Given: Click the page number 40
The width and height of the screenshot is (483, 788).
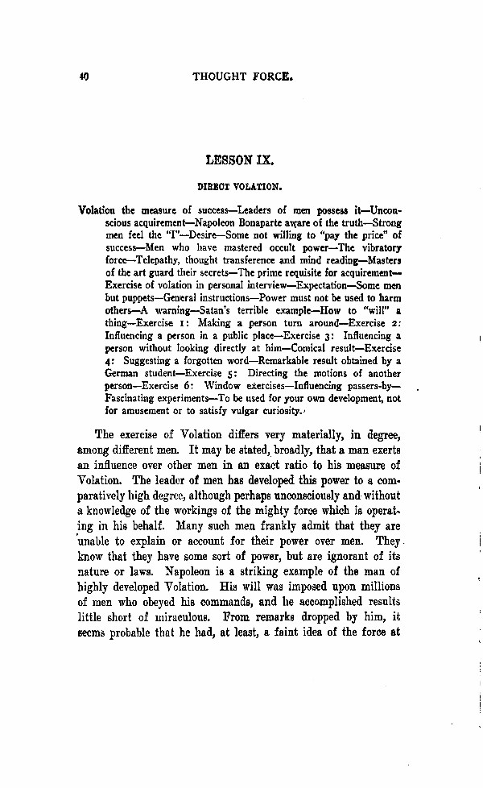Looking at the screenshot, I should (83, 77).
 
